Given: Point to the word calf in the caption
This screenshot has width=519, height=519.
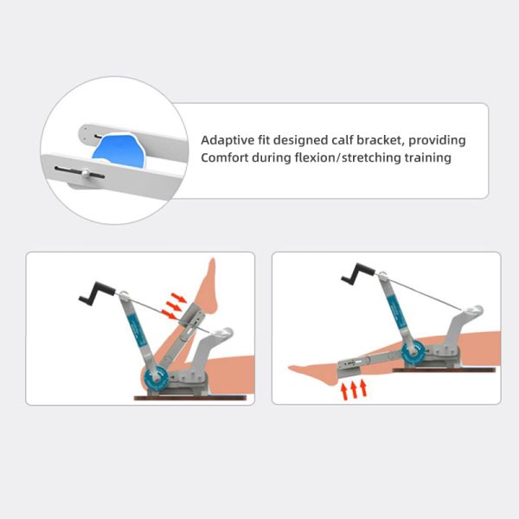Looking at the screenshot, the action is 343,140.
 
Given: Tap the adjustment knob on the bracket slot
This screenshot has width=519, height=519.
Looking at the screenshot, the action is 86,173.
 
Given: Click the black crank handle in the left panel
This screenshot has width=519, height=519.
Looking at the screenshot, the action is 97,293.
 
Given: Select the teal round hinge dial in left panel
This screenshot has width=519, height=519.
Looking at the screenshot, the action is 157,378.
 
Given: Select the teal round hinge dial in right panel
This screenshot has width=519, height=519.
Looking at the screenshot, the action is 413,353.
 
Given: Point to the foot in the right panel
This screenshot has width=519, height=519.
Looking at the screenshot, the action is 313,374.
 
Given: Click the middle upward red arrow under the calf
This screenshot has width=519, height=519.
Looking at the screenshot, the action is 354,389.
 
